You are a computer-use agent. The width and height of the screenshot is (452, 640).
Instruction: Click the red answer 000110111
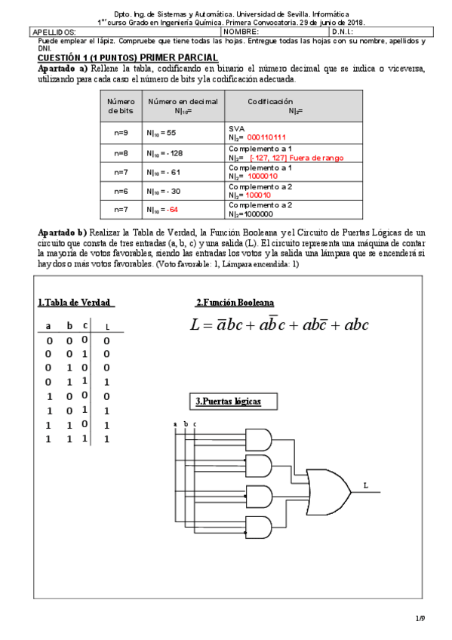[266, 137]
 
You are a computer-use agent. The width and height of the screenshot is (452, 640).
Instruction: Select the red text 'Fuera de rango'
[319, 158]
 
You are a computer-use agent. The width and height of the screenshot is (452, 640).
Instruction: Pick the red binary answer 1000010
[263, 176]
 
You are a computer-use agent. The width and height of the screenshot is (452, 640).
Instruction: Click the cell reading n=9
[121, 132]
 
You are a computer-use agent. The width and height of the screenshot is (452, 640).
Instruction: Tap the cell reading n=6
[121, 191]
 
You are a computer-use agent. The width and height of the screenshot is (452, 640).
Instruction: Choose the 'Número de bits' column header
[121, 106]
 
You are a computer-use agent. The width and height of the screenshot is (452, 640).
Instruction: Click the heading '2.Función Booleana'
[235, 303]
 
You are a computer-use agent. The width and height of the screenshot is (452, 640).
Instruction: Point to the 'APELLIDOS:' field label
[55, 32]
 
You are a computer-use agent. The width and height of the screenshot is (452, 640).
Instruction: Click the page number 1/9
[420, 618]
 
